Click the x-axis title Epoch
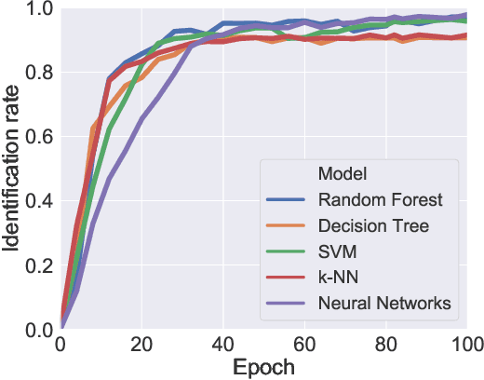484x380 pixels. click(x=262, y=366)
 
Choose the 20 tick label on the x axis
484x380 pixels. click(x=141, y=344)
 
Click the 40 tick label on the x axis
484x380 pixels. click(x=222, y=344)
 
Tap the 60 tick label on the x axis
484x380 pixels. click(x=303, y=344)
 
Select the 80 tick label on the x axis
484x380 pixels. click(x=384, y=344)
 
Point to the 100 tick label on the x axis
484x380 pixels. click(x=464, y=344)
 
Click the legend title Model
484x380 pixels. click(x=340, y=174)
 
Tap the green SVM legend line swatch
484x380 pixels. click(x=287, y=251)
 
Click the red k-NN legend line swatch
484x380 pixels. click(x=287, y=277)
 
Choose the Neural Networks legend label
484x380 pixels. click(x=384, y=303)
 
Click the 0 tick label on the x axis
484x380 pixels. click(x=60, y=344)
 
